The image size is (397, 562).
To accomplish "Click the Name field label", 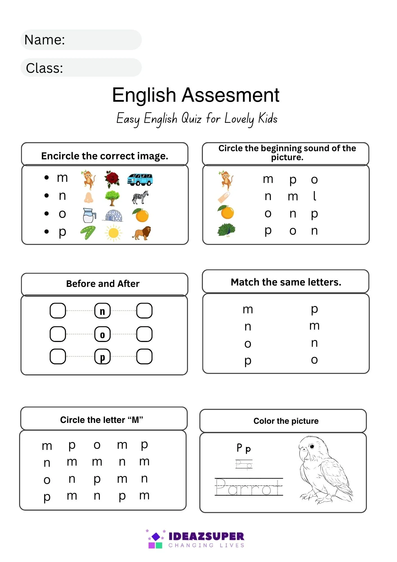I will pyautogui.click(x=45, y=40).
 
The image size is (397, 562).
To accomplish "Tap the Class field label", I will pyautogui.click(x=44, y=68).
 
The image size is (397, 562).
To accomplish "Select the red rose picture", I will pyautogui.click(x=112, y=179).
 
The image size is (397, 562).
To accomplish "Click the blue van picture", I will pyautogui.click(x=140, y=179).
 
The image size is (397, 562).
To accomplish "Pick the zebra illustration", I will pyautogui.click(x=140, y=197).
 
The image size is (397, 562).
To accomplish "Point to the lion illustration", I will pyautogui.click(x=142, y=233).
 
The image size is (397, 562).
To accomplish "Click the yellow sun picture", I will pyautogui.click(x=113, y=233).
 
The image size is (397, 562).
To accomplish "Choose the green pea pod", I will pyautogui.click(x=88, y=233).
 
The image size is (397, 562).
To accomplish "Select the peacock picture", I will pyautogui.click(x=226, y=230).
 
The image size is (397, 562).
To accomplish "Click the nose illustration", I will pyautogui.click(x=88, y=197).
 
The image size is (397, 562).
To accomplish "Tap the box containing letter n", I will pyautogui.click(x=102, y=311).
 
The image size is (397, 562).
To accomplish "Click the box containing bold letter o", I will pyautogui.click(x=102, y=334).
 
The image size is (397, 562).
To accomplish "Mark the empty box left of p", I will pyautogui.click(x=58, y=357).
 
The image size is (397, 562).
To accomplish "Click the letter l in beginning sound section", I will pyautogui.click(x=314, y=196).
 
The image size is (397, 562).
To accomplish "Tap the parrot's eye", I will pyautogui.click(x=312, y=446).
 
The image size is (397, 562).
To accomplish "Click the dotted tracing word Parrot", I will pyautogui.click(x=249, y=487).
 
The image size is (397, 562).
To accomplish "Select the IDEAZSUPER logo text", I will pyautogui.click(x=206, y=536).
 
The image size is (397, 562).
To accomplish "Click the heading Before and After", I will pyautogui.click(x=103, y=284).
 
